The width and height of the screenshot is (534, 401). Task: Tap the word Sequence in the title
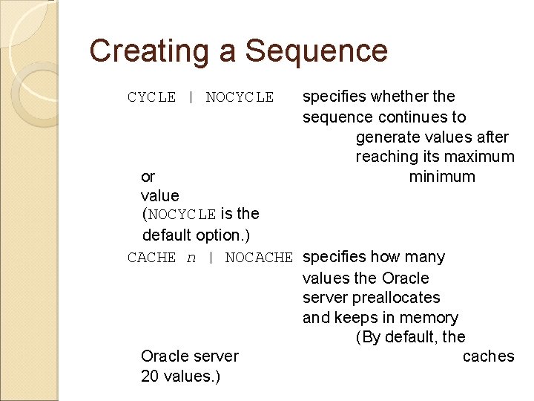[x=316, y=51]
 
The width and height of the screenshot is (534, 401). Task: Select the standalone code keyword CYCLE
[x=151, y=97]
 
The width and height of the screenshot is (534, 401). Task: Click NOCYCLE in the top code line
[x=240, y=97]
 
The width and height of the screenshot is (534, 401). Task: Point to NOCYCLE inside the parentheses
[x=182, y=215]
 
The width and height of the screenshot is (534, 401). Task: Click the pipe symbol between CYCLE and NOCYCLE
[x=191, y=97]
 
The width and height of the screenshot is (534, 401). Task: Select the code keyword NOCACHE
[x=259, y=258]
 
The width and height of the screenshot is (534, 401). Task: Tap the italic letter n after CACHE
[x=191, y=258]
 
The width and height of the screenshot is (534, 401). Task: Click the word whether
[x=395, y=97]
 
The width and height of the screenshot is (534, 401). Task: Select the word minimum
[x=442, y=177]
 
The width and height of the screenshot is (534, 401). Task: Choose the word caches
[x=487, y=356]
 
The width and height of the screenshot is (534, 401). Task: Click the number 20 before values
[x=150, y=376]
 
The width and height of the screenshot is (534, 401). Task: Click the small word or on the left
[x=148, y=177]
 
